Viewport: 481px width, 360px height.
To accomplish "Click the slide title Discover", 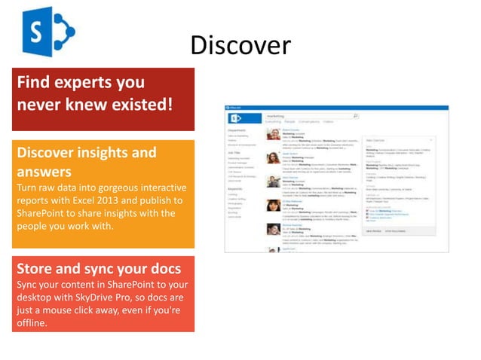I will point(240,45).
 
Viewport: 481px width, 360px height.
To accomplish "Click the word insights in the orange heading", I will point(99,152).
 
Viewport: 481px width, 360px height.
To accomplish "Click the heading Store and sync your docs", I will point(100,269).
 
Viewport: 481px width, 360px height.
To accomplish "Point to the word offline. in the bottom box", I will point(32,323).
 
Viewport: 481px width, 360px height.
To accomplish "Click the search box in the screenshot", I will point(309,116).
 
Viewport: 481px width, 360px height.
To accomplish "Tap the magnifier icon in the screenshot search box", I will point(356,116).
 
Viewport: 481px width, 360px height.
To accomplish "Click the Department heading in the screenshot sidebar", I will point(237,130).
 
